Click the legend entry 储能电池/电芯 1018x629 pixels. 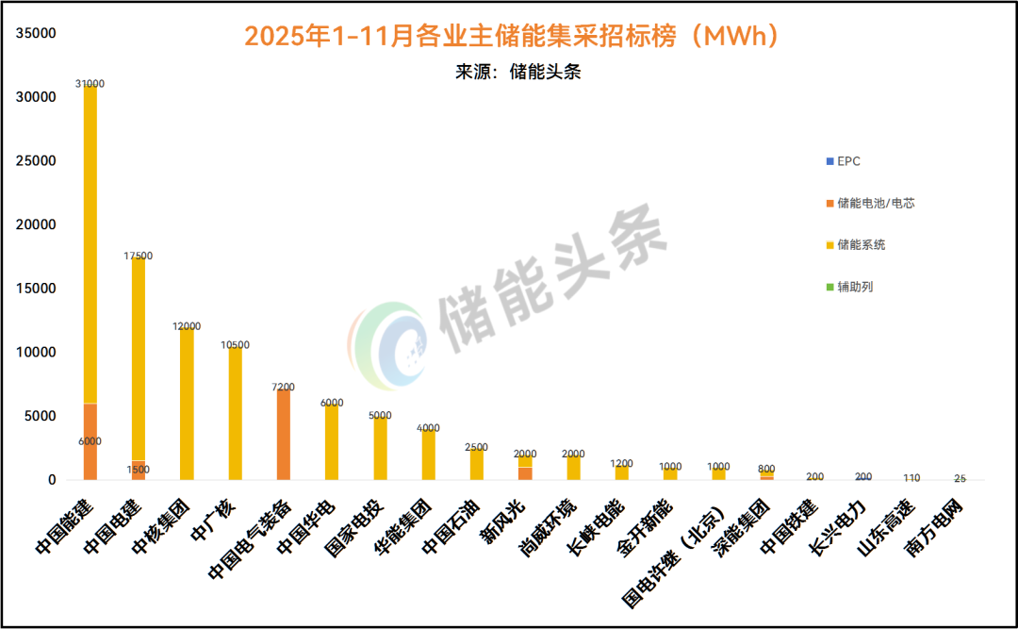(876, 203)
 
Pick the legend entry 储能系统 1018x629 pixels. (861, 245)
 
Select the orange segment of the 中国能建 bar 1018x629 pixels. (90, 441)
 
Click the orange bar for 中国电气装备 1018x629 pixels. (284, 434)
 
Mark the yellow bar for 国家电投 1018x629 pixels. (380, 448)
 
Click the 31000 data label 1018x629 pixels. (90, 84)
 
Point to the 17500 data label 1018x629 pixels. (138, 256)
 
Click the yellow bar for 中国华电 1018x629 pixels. (332, 442)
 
